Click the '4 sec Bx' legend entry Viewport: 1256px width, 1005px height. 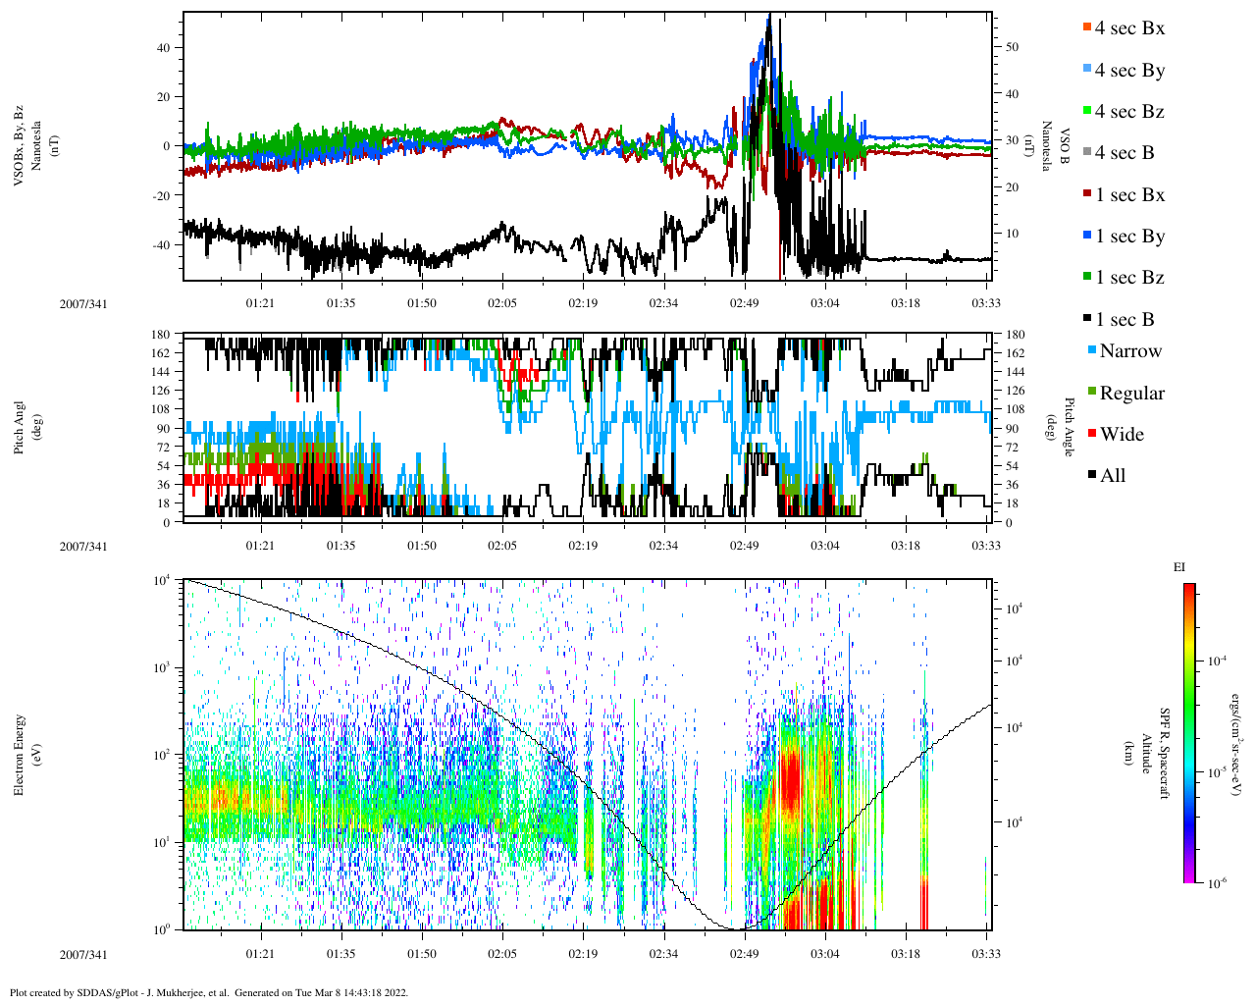pos(1129,28)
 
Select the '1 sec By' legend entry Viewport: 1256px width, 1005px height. pos(1129,237)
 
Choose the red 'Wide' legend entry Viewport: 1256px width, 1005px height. pos(1122,435)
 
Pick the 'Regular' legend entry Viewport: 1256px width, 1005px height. pos(1131,394)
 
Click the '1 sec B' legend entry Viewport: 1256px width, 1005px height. pos(1125,320)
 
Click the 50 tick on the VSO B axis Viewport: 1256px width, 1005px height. pos(1012,47)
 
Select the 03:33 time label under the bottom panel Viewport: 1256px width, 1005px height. pos(986,953)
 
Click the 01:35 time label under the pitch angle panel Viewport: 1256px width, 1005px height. pos(340,547)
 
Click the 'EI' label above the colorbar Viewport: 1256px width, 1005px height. pos(1179,567)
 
